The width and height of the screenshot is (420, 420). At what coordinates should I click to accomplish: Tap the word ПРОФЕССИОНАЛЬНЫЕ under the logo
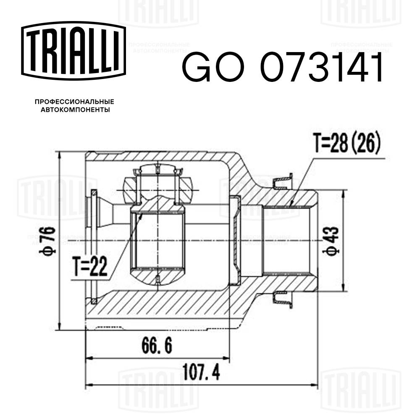[74, 102]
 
